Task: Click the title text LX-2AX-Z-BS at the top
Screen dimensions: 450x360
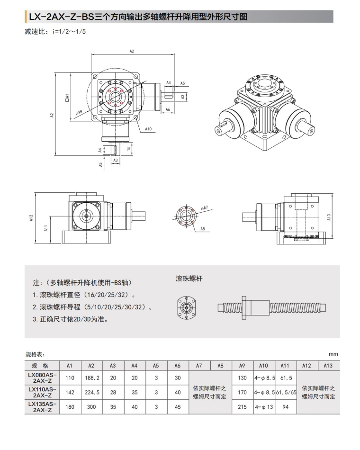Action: click(x=62, y=18)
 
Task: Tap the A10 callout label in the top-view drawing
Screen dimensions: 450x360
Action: click(x=148, y=129)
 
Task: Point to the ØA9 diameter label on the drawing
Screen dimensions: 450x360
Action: click(x=79, y=112)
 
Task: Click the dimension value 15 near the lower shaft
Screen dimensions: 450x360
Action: click(x=129, y=148)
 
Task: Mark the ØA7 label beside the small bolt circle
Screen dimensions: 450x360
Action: click(x=204, y=207)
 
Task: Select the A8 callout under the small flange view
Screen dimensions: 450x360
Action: click(x=202, y=229)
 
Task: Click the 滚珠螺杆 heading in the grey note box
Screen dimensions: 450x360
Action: click(x=189, y=279)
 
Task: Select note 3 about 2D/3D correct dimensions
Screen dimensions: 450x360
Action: click(x=70, y=319)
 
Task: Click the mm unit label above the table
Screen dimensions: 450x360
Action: click(x=333, y=354)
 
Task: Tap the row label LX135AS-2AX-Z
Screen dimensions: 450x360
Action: click(x=42, y=407)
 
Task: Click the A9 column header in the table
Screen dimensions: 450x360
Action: click(x=242, y=366)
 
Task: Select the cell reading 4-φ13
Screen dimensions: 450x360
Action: click(x=264, y=407)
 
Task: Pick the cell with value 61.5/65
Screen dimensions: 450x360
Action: click(x=286, y=392)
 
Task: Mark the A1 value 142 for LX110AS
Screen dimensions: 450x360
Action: click(x=70, y=392)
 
